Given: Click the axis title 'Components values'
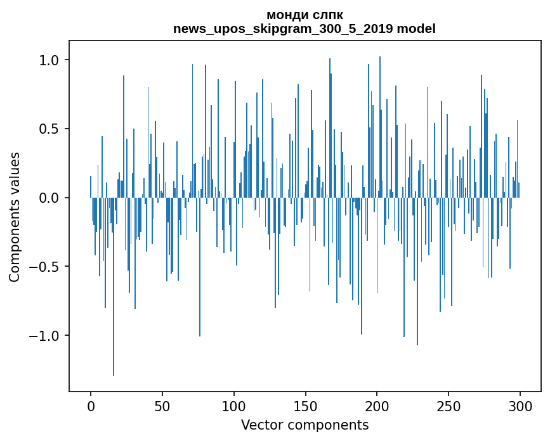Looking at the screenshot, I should pyautogui.click(x=15, y=217).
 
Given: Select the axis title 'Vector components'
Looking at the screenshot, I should pyautogui.click(x=304, y=425).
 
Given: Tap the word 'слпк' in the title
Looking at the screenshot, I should pyautogui.click(x=327, y=15).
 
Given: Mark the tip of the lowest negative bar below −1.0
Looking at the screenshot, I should pyautogui.click(x=114, y=375).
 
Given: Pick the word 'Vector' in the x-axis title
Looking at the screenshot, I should pyautogui.click(x=261, y=425).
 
